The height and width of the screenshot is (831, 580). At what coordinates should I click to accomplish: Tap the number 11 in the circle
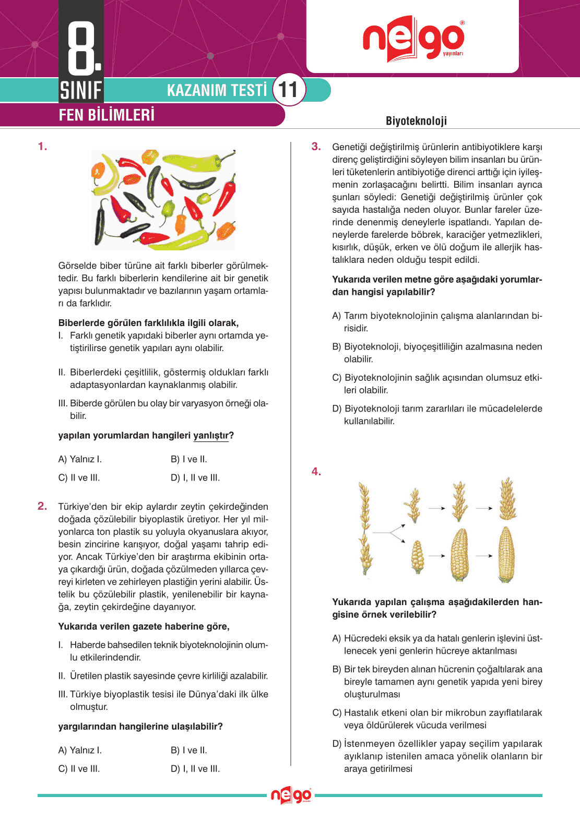(288, 90)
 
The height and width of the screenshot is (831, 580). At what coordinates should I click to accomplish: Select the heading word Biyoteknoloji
(416, 121)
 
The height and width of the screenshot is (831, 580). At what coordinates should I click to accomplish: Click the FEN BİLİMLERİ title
(106, 115)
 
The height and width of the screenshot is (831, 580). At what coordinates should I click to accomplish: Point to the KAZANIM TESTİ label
(217, 90)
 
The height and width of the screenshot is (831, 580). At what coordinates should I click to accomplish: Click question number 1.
(42, 147)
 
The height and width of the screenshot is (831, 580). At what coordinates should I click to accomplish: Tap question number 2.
(42, 506)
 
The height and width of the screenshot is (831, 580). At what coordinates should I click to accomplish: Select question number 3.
(316, 147)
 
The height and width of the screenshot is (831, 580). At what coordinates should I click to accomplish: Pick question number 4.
(316, 472)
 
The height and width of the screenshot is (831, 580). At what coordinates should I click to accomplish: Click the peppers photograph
(163, 200)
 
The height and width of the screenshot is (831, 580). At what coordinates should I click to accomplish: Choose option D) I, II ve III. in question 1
(195, 478)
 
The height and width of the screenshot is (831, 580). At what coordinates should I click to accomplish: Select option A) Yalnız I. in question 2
(80, 750)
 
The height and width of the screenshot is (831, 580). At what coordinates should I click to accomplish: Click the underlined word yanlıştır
(211, 436)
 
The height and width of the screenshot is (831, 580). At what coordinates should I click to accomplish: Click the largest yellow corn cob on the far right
(506, 554)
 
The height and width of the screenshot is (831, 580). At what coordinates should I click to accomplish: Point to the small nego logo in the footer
(291, 796)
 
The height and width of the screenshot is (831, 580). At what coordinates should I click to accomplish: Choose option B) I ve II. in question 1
(189, 460)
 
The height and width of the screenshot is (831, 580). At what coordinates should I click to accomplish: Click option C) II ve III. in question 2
(79, 769)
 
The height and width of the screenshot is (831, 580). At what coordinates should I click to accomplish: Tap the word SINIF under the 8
(81, 90)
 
